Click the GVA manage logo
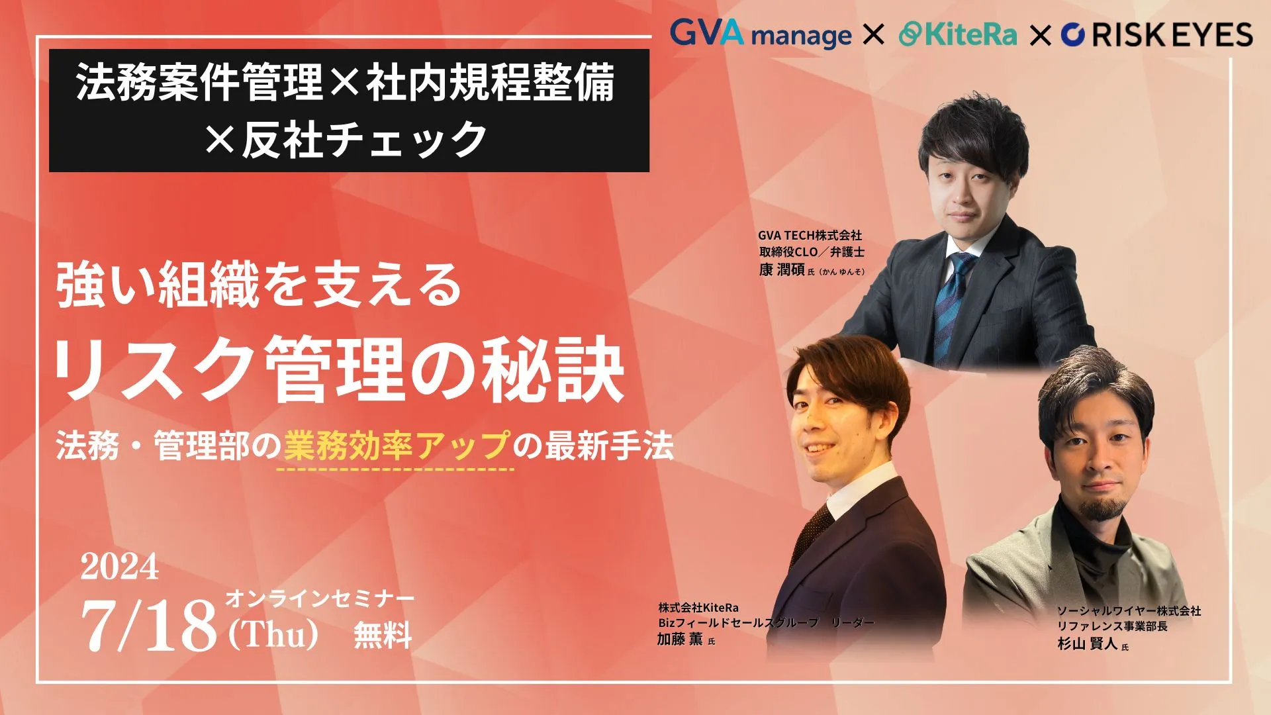click(761, 33)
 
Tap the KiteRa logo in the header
click(957, 34)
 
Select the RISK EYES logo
click(1156, 34)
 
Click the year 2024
click(120, 567)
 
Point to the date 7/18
click(149, 625)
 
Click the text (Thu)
click(273, 634)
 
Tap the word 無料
click(383, 634)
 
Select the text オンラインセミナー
click(320, 598)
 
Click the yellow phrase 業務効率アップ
click(397, 445)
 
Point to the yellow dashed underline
click(395, 469)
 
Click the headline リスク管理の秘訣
click(338, 369)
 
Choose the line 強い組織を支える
click(259, 285)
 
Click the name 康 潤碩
click(781, 269)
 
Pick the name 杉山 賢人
click(1087, 643)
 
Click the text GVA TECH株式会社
click(810, 235)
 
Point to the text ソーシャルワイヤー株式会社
click(1129, 610)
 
